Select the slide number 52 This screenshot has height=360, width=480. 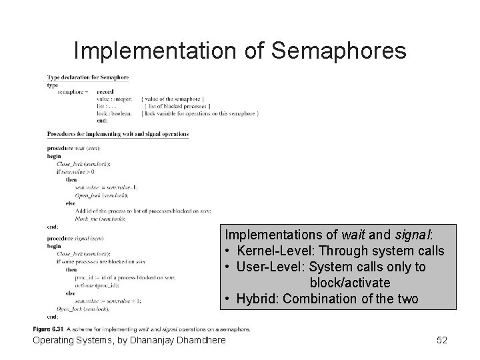coord(441,341)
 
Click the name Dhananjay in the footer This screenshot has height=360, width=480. coord(155,341)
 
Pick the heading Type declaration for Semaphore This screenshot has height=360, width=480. coord(88,77)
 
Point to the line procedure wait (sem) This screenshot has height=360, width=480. coord(73,148)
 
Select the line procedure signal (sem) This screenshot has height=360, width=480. coord(75,237)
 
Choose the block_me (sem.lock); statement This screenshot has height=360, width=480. coord(101,219)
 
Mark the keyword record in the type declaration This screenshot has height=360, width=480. coord(105,91)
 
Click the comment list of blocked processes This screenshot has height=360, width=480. coord(178,106)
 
